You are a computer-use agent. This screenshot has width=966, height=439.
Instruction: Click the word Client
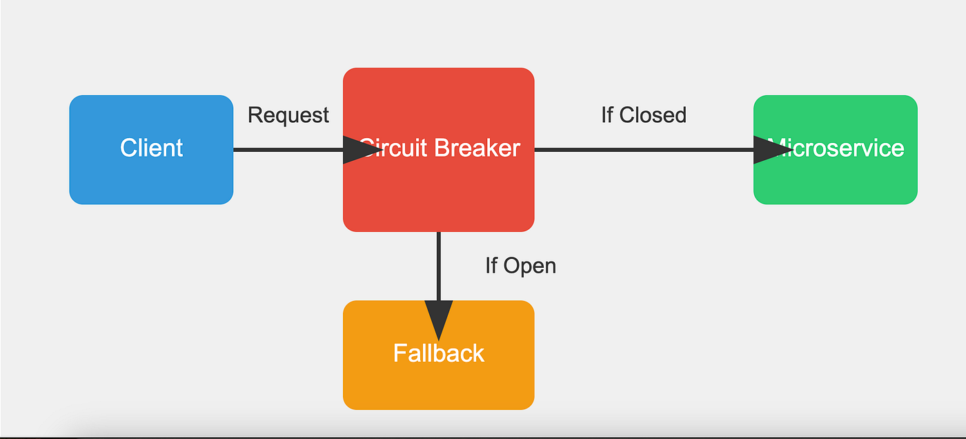pyautogui.click(x=151, y=148)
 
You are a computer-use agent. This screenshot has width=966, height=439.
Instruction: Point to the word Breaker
pyautogui.click(x=481, y=148)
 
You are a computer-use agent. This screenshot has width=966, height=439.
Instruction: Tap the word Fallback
pyautogui.click(x=439, y=353)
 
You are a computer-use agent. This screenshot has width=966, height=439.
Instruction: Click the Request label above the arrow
pyautogui.click(x=288, y=115)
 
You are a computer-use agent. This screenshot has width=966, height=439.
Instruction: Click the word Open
pyautogui.click(x=530, y=266)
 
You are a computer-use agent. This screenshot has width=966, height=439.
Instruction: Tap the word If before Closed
pyautogui.click(x=607, y=115)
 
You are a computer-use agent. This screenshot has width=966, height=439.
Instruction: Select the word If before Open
pyautogui.click(x=491, y=266)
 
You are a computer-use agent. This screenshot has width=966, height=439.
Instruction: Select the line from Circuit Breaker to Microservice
pyautogui.click(x=642, y=150)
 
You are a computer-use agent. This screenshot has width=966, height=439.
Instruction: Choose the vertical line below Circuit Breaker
pyautogui.click(x=439, y=266)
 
